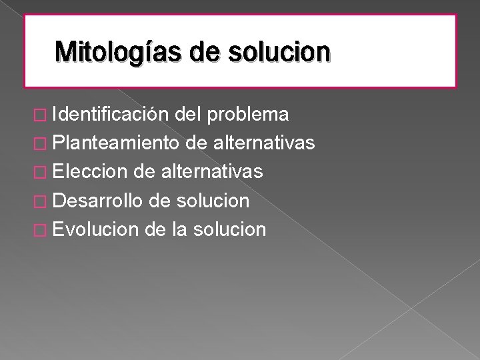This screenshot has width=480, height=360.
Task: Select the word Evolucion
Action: tap(94, 230)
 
